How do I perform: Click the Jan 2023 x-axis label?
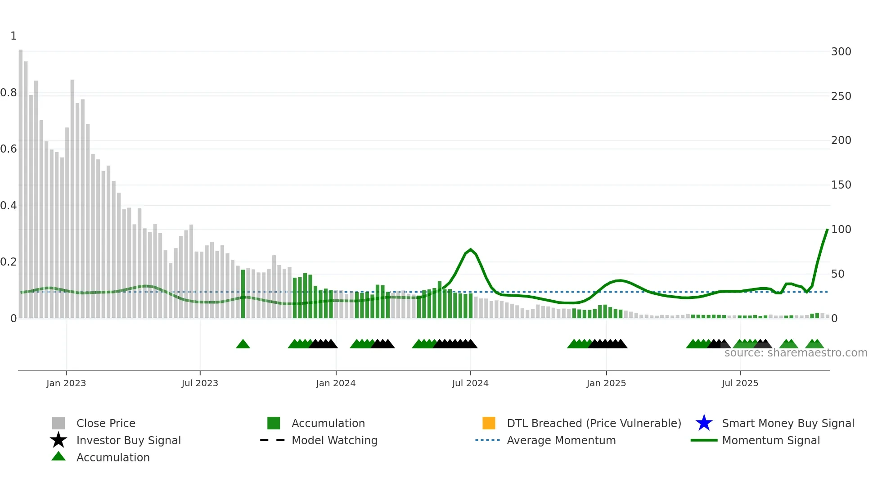point(66,383)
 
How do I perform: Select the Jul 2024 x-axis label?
point(470,383)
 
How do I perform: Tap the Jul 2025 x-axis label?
point(740,383)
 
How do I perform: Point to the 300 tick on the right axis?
point(841,52)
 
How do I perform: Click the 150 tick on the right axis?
point(841,185)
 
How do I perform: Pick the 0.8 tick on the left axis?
point(9,93)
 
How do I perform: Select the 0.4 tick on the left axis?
point(9,206)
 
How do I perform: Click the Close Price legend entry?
point(106,423)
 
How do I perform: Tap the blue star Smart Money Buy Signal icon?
point(704,423)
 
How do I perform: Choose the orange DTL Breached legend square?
point(489,423)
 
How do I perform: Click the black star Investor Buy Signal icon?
point(58,440)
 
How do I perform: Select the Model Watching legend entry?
point(334,440)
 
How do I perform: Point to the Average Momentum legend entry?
point(561,440)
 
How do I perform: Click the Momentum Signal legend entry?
point(771,440)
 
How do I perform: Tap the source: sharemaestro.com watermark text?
point(796,353)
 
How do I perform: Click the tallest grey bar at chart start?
point(21,180)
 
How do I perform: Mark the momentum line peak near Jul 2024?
point(471,249)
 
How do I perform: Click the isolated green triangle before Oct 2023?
point(243,344)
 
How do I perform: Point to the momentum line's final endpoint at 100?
point(827,230)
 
